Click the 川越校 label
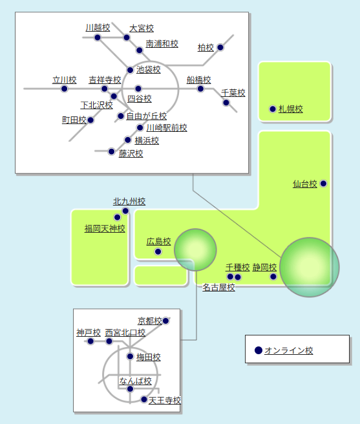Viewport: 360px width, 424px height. pos(98,28)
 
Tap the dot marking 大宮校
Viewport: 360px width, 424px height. pos(126,37)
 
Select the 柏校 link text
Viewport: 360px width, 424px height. pos(206,48)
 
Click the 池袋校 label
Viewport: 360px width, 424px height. pos(148,70)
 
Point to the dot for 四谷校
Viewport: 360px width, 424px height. pos(138,89)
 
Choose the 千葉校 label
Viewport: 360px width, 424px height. pos(233,93)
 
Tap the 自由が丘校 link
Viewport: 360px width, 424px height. pos(146,116)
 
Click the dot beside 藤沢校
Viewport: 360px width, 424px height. pos(111,151)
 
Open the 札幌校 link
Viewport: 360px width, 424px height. pos(290,109)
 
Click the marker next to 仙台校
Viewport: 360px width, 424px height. pos(323,184)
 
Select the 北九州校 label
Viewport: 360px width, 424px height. pos(129,202)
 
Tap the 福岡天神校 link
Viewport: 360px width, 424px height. pos(105,229)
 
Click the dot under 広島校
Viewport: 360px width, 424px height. pos(158,252)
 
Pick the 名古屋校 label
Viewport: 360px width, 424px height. pos(218,288)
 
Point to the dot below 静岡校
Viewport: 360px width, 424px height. pos(273,277)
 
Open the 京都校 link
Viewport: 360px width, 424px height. pos(149,321)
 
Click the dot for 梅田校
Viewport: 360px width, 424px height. pos(130,356)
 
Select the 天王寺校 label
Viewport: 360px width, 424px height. pos(164,401)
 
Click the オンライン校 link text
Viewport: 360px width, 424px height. pos(289,350)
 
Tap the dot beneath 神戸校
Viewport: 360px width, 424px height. pos(90,341)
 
